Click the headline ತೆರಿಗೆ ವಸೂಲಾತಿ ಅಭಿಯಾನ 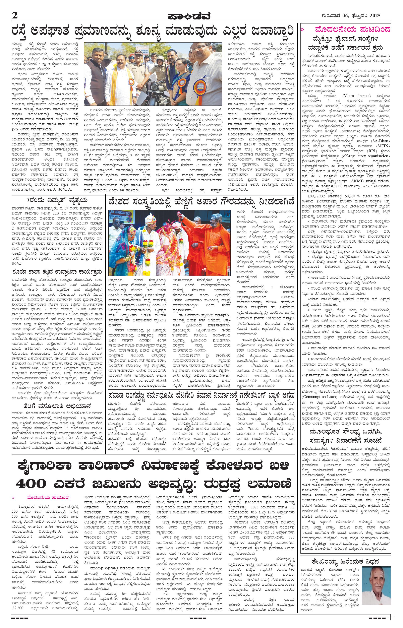tap(57, 406)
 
